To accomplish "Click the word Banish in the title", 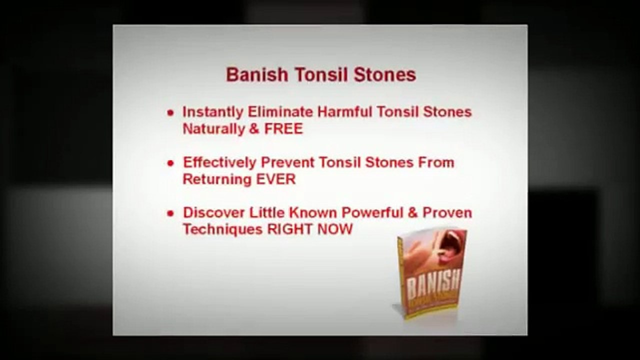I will click(257, 75).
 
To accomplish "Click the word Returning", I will click(215, 179).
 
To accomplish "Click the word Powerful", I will click(372, 212).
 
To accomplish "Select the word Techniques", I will click(222, 229).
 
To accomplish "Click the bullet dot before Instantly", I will click(171, 112).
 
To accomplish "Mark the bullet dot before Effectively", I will click(171, 163).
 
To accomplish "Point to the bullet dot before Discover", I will click(171, 213).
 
